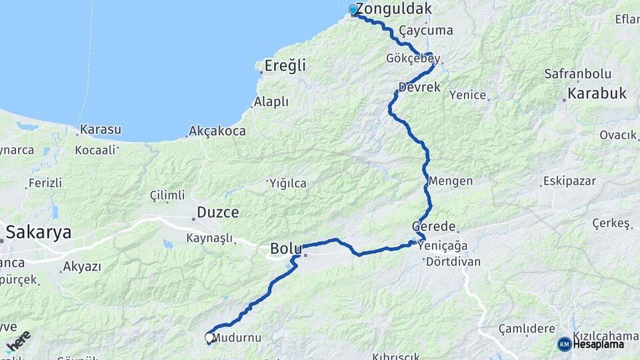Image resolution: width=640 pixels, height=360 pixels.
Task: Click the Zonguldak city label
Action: pos(393,9)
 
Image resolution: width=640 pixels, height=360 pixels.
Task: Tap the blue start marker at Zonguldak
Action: pos(353,10)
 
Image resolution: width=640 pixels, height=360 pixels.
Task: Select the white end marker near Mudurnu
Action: pos(209,338)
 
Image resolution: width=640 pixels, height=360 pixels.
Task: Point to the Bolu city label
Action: pos(286,249)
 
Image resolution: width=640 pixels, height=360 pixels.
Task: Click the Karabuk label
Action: pos(598,93)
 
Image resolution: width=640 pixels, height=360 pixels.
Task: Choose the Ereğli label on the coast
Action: pos(285,65)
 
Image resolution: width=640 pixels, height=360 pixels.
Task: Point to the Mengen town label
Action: pos(451,181)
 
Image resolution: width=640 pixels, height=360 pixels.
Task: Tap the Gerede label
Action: pos(434,227)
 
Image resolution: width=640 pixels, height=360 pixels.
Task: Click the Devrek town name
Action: pos(419,87)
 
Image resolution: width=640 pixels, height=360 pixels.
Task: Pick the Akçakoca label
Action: pos(217,131)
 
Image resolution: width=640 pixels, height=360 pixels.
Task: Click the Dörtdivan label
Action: pos(453,262)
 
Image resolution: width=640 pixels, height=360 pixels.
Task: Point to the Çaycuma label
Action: pos(426,31)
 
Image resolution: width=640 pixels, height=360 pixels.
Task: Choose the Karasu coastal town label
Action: pos(101,129)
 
